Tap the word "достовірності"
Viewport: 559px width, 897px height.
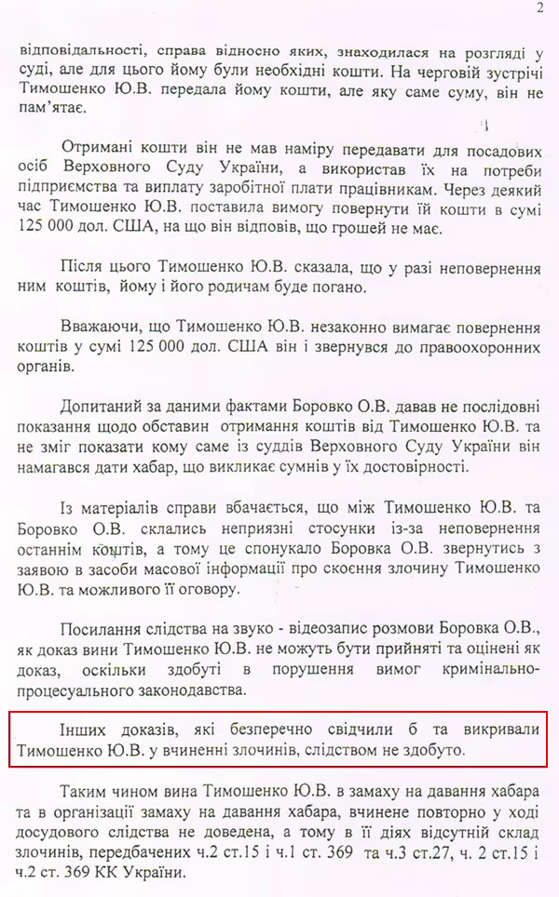pyautogui.click(x=423, y=466)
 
